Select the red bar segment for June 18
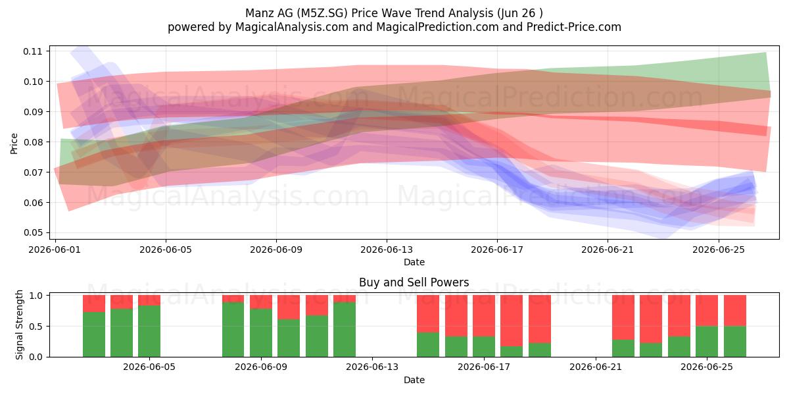[512, 321]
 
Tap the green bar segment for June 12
[345, 329]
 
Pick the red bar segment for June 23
[651, 319]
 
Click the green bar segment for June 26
[735, 342]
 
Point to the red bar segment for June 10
[289, 307]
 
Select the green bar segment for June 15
[428, 344]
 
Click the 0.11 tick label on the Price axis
[32, 51]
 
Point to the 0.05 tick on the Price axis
[32, 233]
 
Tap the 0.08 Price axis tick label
[32, 142]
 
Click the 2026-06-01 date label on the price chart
[55, 250]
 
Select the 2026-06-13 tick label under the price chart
[387, 250]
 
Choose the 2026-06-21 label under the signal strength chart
[596, 367]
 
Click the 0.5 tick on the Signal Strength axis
[36, 327]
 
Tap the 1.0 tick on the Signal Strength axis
[36, 296]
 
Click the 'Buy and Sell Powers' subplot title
[414, 282]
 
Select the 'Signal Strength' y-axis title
[19, 325]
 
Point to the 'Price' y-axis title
[14, 144]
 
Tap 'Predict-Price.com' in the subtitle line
[574, 27]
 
